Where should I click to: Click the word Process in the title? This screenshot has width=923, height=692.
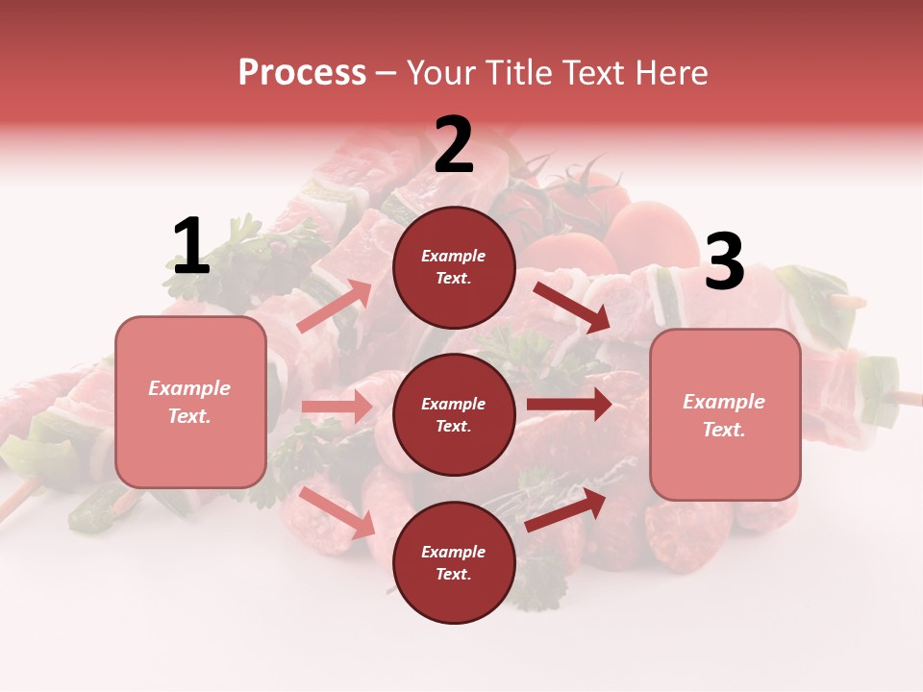coord(302,73)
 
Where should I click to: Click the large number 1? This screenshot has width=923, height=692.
coord(190,247)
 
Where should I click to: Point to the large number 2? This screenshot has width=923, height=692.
coord(454,145)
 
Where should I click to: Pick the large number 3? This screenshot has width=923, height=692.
coord(724,262)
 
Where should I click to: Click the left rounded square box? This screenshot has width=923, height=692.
coord(190,402)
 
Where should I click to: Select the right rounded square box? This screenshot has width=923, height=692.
coord(725,415)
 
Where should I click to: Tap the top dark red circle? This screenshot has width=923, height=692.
coord(454,267)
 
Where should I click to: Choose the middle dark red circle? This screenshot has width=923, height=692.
coord(454,414)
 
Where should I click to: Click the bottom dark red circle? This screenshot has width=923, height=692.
coord(454,562)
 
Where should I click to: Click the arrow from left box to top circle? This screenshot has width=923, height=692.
coord(335,307)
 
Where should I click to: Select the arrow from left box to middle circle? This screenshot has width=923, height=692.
coord(337,407)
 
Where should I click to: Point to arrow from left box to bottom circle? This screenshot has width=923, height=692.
coord(337,512)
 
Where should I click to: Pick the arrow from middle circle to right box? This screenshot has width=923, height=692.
coord(569,404)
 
